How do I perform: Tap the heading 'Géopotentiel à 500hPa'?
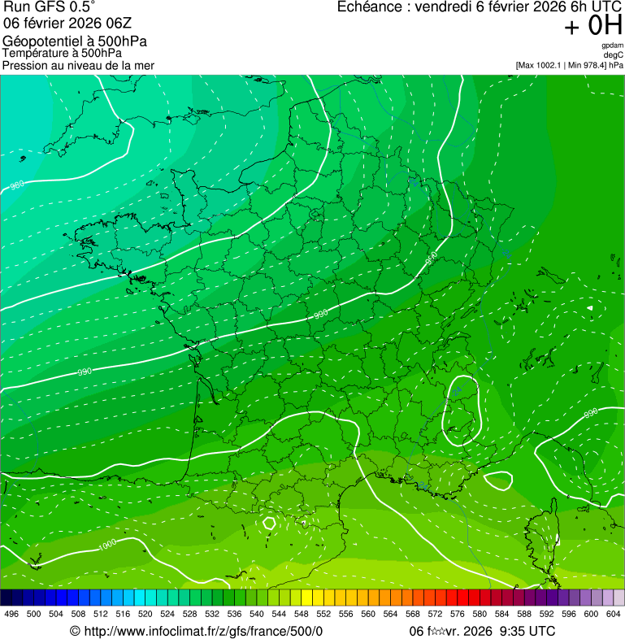[x=75, y=41]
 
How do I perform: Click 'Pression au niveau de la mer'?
[x=78, y=65]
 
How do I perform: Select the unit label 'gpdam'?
[x=612, y=46]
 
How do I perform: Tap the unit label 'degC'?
[x=614, y=54]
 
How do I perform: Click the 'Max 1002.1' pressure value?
[x=542, y=65]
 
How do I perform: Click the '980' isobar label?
[x=17, y=185]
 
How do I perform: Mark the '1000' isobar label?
[x=106, y=546]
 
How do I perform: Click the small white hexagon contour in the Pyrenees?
[x=270, y=523]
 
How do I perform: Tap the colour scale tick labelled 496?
[x=11, y=613]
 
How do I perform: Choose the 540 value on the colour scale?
[x=257, y=613]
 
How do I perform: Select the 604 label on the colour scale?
[x=614, y=613]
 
